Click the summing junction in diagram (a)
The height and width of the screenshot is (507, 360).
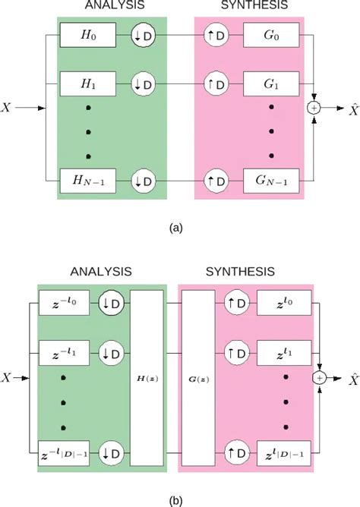click(314, 109)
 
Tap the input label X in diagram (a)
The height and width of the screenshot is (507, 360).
click(8, 109)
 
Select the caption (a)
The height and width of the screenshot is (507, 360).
click(180, 225)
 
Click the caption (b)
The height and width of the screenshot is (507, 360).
click(180, 499)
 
